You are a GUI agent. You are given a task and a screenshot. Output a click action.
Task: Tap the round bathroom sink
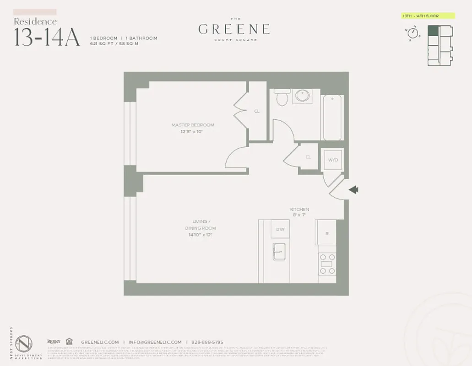click(x=302, y=96)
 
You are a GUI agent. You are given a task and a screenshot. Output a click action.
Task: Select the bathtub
click(x=332, y=118)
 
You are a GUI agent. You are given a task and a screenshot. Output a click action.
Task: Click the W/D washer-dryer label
click(x=332, y=160)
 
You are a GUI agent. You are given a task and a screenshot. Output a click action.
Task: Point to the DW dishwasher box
click(x=280, y=230)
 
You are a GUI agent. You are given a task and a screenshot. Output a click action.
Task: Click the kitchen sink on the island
click(x=279, y=251)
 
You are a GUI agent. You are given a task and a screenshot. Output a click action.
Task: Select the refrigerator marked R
click(x=326, y=233)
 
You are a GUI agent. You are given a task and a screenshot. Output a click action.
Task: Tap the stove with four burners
click(x=327, y=264)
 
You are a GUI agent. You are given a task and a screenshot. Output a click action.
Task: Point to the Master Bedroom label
click(x=193, y=125)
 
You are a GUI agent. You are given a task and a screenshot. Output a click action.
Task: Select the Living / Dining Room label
click(x=200, y=225)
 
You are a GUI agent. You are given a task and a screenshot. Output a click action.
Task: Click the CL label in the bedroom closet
click(x=257, y=111)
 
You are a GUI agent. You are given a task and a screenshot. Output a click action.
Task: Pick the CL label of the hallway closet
click(x=308, y=157)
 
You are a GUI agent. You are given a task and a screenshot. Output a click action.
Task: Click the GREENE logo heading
click(x=233, y=29)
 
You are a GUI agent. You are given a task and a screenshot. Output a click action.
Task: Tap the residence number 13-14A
click(x=47, y=38)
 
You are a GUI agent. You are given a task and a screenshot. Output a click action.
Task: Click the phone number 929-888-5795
click(x=207, y=342)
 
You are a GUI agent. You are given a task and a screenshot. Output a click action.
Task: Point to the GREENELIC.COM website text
click(x=100, y=342)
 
